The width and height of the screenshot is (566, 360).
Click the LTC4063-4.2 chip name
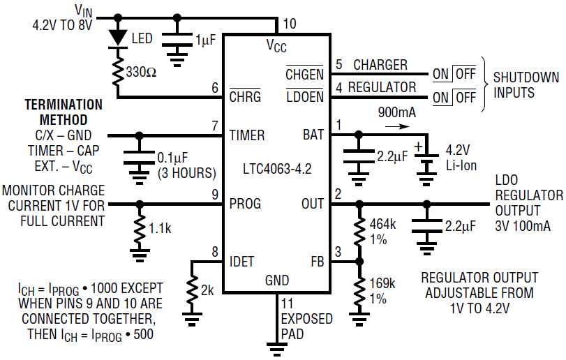tap(278, 169)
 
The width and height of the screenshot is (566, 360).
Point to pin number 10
tap(289, 24)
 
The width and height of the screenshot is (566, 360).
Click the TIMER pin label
tap(247, 135)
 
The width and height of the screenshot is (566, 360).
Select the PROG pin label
tap(245, 204)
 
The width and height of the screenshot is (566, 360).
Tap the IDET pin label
tap(241, 262)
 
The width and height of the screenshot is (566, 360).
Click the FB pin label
tap(316, 262)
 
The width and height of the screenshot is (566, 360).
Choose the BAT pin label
tap(313, 135)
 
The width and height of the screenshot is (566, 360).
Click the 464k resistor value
tap(382, 225)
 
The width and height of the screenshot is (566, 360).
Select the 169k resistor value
tap(382, 284)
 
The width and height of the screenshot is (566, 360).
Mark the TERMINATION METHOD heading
tap(64, 112)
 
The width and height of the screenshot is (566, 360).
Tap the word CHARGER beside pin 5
tap(380, 65)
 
